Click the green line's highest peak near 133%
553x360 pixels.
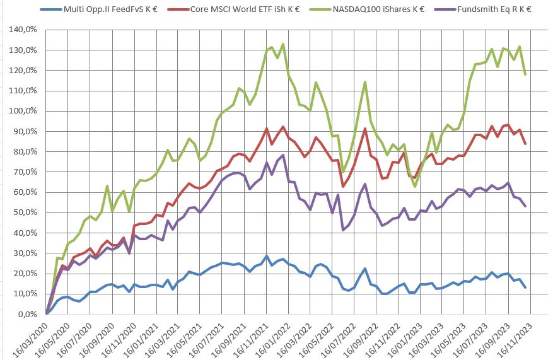coord(283,44)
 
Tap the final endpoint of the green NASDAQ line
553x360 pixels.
coord(525,74)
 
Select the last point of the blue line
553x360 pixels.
coord(525,287)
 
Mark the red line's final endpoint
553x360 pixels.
coord(525,144)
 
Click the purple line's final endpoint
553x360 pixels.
coord(525,206)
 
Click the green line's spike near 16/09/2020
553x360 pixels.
coord(107,186)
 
